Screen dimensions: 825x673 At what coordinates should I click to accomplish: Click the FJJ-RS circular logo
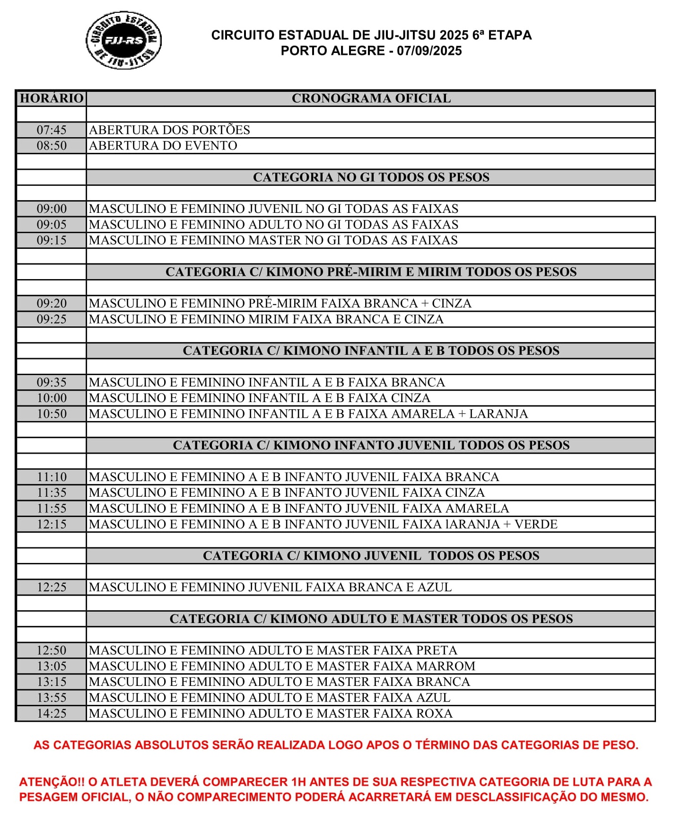tap(123, 40)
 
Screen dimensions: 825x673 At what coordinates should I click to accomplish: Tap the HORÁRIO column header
tap(52, 98)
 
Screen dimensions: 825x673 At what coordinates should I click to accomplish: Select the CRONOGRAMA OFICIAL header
tap(371, 98)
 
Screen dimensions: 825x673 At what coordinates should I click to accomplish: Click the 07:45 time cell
tap(52, 130)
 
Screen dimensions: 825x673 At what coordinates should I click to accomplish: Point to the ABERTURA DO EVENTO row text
tap(163, 146)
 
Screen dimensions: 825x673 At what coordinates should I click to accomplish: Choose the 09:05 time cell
tap(52, 224)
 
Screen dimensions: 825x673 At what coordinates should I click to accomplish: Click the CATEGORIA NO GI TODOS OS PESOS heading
tap(371, 177)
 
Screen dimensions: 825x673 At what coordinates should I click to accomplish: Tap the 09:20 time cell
tap(52, 303)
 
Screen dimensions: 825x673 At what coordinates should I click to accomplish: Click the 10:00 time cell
tap(52, 398)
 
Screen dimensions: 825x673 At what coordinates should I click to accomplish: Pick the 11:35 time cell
tap(52, 492)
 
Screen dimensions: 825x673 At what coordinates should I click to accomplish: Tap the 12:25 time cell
tap(52, 587)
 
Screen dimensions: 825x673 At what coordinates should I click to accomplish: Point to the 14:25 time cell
tap(52, 713)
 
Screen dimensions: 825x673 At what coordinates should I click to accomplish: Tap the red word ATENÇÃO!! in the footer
tap(52, 782)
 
